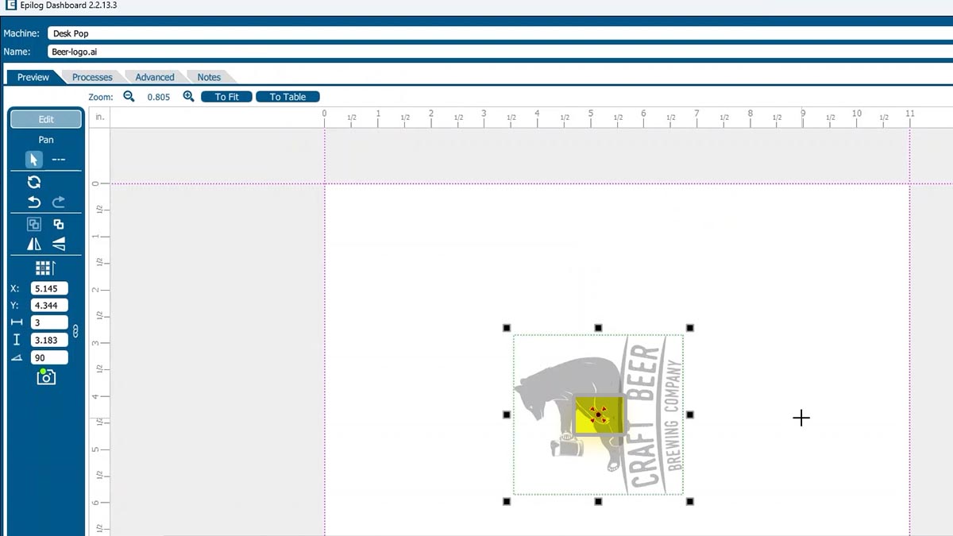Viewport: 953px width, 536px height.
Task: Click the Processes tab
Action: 92,77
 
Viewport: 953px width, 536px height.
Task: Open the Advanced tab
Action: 154,77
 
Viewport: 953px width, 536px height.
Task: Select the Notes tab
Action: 209,77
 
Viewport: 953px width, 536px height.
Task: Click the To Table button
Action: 287,97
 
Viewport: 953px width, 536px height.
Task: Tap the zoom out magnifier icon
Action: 129,96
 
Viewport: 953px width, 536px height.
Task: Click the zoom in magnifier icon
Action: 188,96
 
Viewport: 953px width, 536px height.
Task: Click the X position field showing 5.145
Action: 49,288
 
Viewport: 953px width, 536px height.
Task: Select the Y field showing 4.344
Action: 49,306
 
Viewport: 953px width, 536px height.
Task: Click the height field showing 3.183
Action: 49,340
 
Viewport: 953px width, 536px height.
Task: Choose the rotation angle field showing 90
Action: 49,357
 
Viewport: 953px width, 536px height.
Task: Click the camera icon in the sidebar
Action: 46,377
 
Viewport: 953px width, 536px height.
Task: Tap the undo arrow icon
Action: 34,202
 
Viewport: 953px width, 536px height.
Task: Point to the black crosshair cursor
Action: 801,418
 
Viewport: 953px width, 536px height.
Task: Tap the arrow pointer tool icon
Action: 33,160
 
